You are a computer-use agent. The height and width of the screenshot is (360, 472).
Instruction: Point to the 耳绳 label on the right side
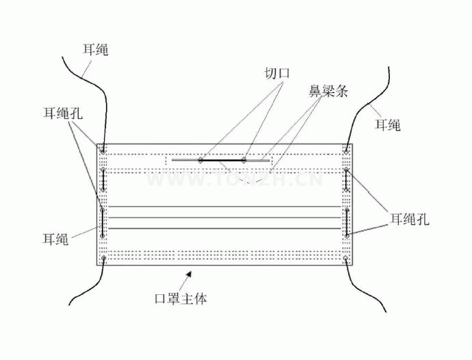pos(387,125)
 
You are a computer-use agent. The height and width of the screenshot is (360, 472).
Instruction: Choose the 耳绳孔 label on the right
pos(409,219)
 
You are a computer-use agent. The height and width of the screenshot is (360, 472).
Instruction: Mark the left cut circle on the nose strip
pos(200,160)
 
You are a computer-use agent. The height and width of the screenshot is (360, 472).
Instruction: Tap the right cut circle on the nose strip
pos(244,160)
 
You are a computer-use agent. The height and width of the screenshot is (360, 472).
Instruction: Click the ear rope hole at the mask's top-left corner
pos(103,148)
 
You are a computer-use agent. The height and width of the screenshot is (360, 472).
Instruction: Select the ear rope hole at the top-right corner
pos(348,148)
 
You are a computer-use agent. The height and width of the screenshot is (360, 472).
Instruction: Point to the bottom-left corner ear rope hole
pos(103,259)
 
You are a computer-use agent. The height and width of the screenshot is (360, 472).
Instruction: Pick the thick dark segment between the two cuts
pos(222,160)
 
